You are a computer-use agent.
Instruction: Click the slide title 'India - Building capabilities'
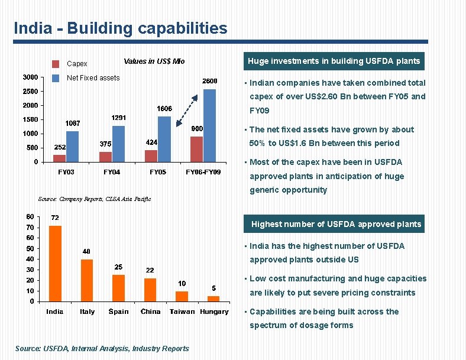click(x=120, y=28)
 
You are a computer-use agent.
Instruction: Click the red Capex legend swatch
click(x=56, y=64)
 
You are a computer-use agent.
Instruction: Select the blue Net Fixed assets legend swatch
click(x=56, y=78)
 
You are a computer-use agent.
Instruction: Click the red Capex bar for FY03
click(x=59, y=158)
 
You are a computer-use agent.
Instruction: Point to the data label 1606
click(x=164, y=109)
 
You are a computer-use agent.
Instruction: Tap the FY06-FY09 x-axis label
click(x=203, y=172)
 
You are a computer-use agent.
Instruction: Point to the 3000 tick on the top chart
click(x=31, y=77)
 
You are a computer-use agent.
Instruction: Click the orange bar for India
click(x=55, y=263)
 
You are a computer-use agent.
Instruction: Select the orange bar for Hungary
click(x=213, y=299)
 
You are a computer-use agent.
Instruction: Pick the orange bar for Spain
click(x=118, y=288)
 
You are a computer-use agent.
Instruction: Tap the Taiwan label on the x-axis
click(x=182, y=312)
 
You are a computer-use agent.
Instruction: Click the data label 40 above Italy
click(x=86, y=251)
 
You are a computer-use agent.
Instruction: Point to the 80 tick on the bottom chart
click(x=30, y=216)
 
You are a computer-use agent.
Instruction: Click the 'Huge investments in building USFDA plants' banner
click(x=334, y=61)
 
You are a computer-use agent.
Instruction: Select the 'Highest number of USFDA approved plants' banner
click(x=336, y=224)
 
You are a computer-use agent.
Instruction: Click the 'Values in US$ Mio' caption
click(x=154, y=61)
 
